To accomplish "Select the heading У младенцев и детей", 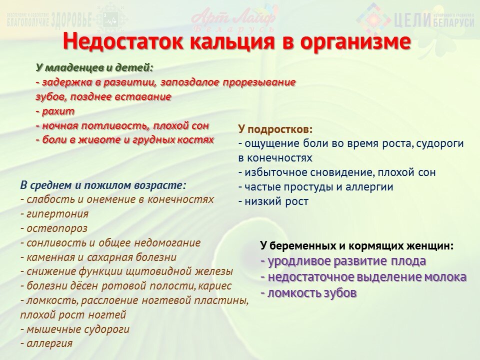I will [94, 67].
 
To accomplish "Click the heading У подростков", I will [275, 129].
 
